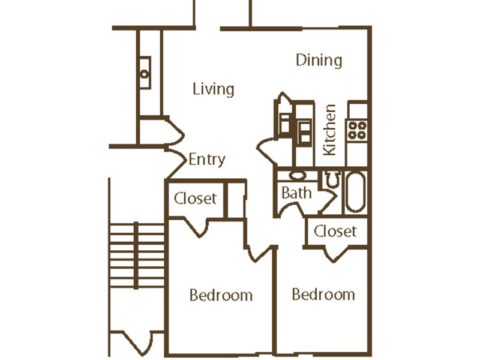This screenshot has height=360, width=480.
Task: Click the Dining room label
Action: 319,61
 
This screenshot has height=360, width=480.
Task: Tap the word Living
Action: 214,89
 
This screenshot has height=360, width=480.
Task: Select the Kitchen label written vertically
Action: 330,130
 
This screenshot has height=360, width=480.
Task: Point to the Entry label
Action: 207,160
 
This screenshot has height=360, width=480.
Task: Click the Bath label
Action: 296,193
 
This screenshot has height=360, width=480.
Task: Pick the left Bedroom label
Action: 221,295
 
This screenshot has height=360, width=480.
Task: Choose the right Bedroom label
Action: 323,294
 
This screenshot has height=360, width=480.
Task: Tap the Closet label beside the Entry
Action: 196,199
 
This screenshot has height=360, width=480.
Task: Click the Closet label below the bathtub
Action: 335,231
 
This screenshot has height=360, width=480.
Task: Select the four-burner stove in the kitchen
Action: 357,130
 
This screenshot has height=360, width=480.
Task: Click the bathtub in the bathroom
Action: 356,192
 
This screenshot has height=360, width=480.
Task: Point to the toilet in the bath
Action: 332,179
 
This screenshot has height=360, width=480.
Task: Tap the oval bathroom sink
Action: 298,175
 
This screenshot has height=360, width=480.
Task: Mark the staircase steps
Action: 137,256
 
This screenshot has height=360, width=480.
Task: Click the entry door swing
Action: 176,163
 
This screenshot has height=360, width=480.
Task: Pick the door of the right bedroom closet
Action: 336,254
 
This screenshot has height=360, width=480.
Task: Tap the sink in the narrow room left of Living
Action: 145,73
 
